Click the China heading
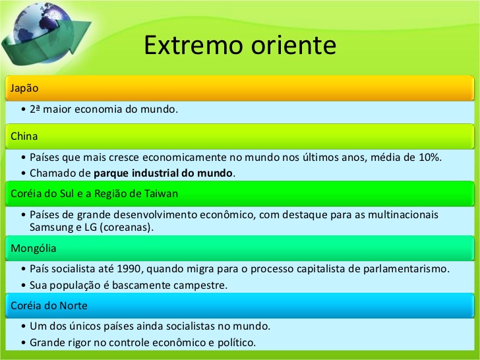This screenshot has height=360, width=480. pyautogui.click(x=24, y=136)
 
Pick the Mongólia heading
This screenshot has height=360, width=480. pyautogui.click(x=33, y=249)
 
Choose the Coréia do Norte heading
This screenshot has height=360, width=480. pyautogui.click(x=49, y=305)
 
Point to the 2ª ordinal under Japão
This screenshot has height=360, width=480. pyautogui.click(x=36, y=109)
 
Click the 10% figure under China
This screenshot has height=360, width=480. pyautogui.click(x=430, y=158)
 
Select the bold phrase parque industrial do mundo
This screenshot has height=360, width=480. pyautogui.click(x=164, y=173)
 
